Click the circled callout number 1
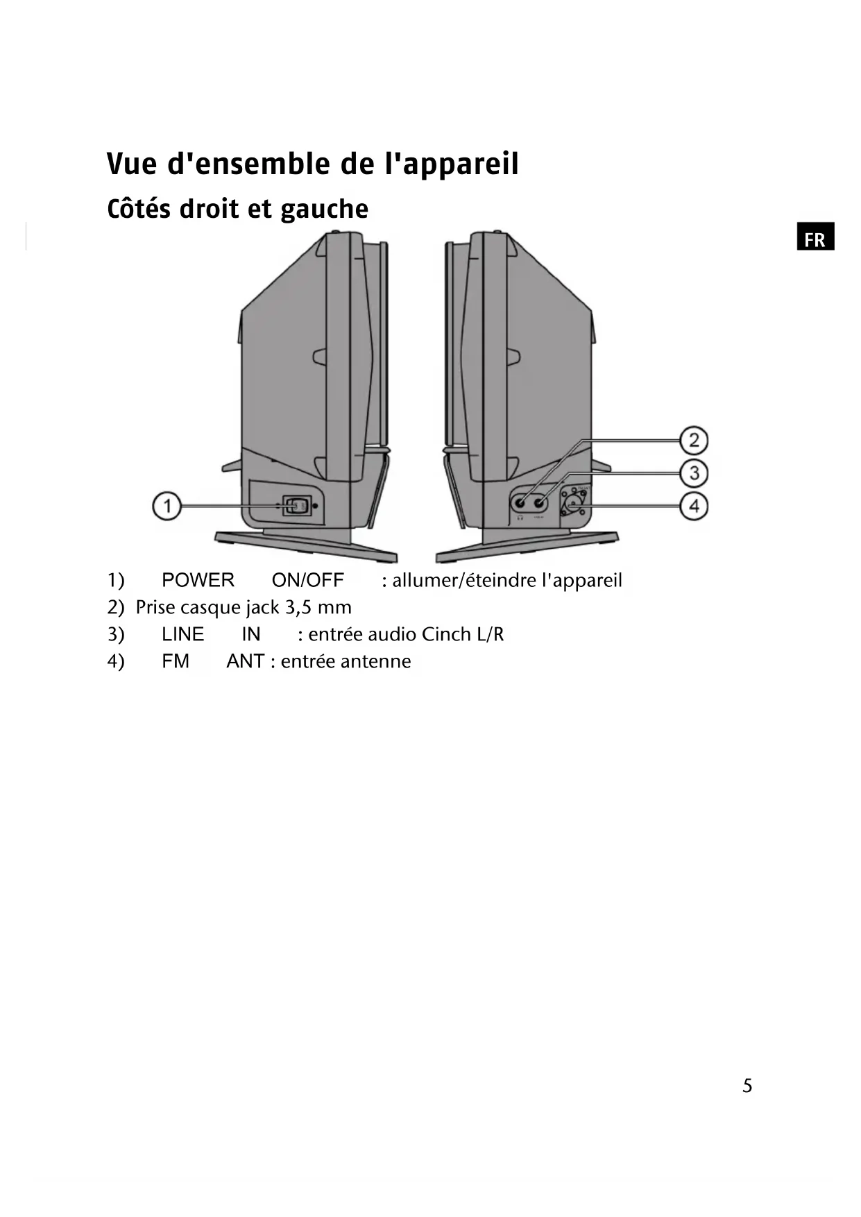pyautogui.click(x=167, y=506)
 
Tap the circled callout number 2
pyautogui.click(x=693, y=441)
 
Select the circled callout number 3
pyautogui.click(x=693, y=473)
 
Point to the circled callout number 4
pyautogui.click(x=693, y=506)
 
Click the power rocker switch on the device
pyautogui.click(x=297, y=506)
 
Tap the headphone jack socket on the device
pyautogui.click(x=520, y=502)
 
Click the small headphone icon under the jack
pyautogui.click(x=520, y=518)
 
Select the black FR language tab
pyautogui.click(x=815, y=237)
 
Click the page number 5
pyautogui.click(x=747, y=1086)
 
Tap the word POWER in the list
pyautogui.click(x=198, y=580)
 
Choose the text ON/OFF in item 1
pyautogui.click(x=307, y=580)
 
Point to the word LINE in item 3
pyautogui.click(x=182, y=634)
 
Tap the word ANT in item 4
pyautogui.click(x=245, y=661)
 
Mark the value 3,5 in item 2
pyautogui.click(x=298, y=608)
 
